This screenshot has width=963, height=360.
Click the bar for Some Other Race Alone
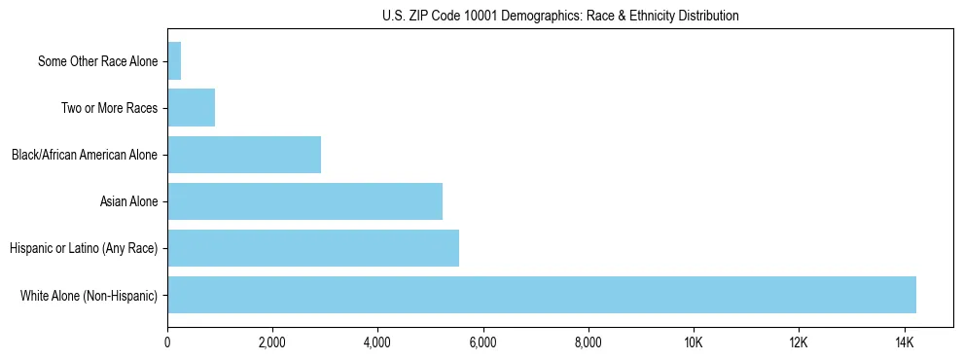click(x=174, y=61)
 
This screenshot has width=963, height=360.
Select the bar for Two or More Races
click(x=191, y=108)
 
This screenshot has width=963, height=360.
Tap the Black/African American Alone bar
click(x=244, y=155)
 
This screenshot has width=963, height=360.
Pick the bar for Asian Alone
click(x=304, y=201)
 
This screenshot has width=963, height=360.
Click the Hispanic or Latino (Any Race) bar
click(x=313, y=248)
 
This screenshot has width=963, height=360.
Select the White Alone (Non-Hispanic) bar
click(x=542, y=295)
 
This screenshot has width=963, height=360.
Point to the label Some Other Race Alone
click(x=97, y=61)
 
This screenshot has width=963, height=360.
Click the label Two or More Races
click(x=109, y=108)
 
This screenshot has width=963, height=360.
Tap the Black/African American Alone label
click(x=84, y=155)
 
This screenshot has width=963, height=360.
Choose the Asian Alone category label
click(x=128, y=201)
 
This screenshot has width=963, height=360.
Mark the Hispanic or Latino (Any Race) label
click(x=84, y=248)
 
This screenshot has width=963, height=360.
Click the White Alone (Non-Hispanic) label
click(x=89, y=295)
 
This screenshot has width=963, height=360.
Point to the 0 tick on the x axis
click(x=167, y=342)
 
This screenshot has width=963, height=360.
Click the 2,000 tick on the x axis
click(x=272, y=342)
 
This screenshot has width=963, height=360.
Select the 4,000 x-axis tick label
click(x=377, y=342)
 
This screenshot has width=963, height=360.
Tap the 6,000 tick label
click(x=483, y=342)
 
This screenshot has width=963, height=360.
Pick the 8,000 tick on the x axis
click(x=588, y=342)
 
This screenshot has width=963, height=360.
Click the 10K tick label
click(x=694, y=342)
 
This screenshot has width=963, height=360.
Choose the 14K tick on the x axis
click(x=904, y=342)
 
